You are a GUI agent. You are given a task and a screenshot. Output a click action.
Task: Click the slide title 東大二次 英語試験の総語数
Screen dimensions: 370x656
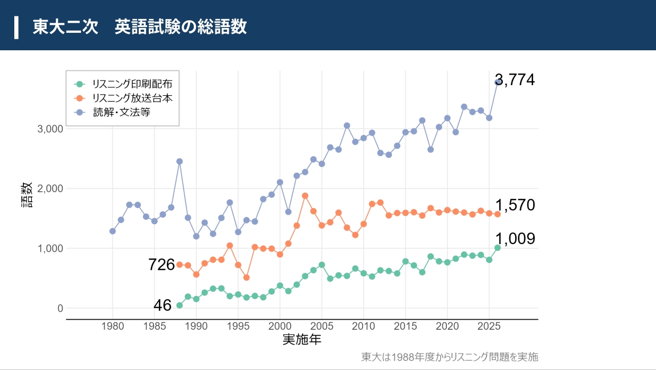click(x=140, y=26)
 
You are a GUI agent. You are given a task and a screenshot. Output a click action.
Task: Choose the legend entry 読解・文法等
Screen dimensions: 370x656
click(x=122, y=112)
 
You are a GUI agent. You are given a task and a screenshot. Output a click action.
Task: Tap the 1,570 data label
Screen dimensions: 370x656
click(x=515, y=205)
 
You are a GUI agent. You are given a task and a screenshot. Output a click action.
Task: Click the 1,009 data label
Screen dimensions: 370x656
click(x=515, y=239)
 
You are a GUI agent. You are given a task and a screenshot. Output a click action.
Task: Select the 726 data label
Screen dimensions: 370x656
click(x=161, y=265)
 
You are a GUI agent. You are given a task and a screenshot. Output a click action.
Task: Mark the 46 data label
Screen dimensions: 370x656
click(x=163, y=305)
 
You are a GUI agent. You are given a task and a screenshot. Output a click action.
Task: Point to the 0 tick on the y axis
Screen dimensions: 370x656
click(x=59, y=309)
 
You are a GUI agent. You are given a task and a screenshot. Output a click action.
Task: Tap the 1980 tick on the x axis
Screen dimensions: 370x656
click(x=112, y=326)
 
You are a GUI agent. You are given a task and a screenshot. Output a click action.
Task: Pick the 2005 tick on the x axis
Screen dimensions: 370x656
click(x=321, y=326)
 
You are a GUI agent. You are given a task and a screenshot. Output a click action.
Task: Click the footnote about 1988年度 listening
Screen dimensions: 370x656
click(x=449, y=357)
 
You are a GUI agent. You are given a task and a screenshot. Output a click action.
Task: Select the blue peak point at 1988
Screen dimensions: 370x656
click(x=179, y=161)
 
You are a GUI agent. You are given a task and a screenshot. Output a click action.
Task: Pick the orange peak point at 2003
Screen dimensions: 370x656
click(x=305, y=196)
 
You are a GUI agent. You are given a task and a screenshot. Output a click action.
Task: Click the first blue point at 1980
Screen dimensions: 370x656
click(x=112, y=231)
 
